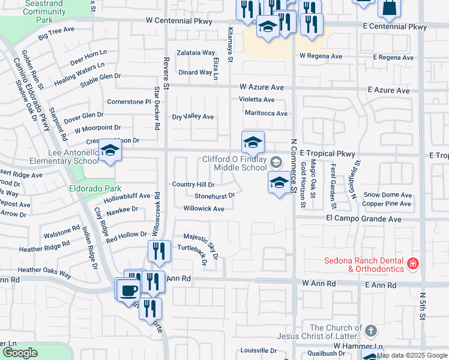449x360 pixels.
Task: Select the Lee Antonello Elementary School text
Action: pyautogui.click(x=65, y=157)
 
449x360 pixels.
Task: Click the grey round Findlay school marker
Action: pyautogui.click(x=276, y=161)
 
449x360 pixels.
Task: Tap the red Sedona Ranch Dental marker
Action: pyautogui.click(x=412, y=263)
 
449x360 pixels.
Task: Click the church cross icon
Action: pyautogui.click(x=371, y=331)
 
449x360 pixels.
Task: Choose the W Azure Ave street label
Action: pyautogui.click(x=261, y=87)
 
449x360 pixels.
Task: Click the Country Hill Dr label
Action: pyautogui.click(x=193, y=184)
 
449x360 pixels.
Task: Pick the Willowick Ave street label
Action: pyautogui.click(x=203, y=209)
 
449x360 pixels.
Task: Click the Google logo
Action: pyautogui.click(x=19, y=353)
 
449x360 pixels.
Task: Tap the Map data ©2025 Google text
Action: pyautogui.click(x=412, y=355)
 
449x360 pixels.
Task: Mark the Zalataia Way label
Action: pyautogui.click(x=196, y=53)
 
